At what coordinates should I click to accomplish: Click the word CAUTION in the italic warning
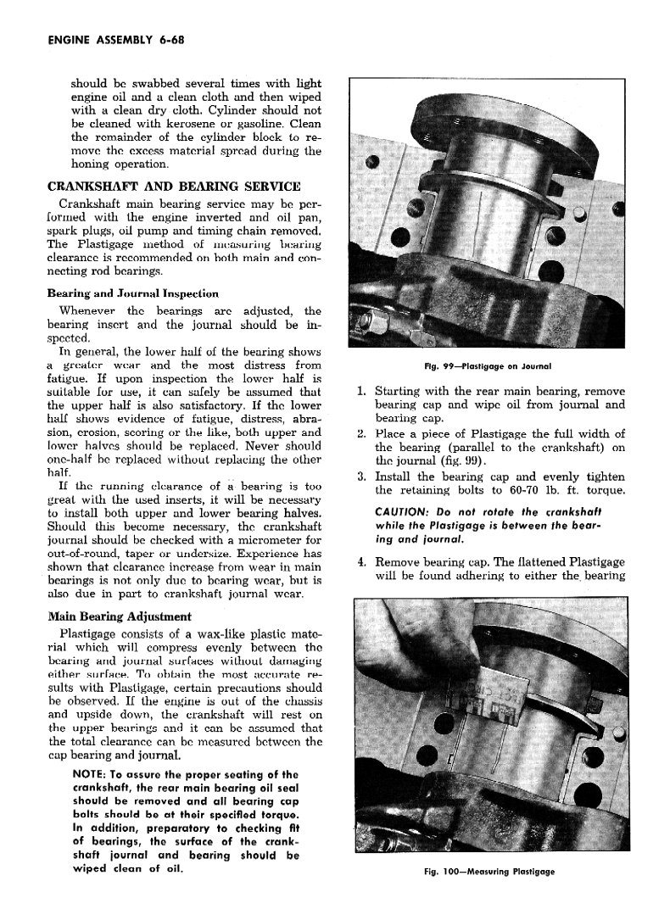coord(404,513)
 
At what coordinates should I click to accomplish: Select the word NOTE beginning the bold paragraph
coord(92,774)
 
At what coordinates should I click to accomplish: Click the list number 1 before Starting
coord(361,392)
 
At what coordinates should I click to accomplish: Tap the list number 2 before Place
coord(361,434)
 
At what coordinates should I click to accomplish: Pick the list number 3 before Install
coord(361,477)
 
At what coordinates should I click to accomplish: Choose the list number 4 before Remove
coord(361,561)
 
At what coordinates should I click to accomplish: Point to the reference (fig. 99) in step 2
coord(458,461)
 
